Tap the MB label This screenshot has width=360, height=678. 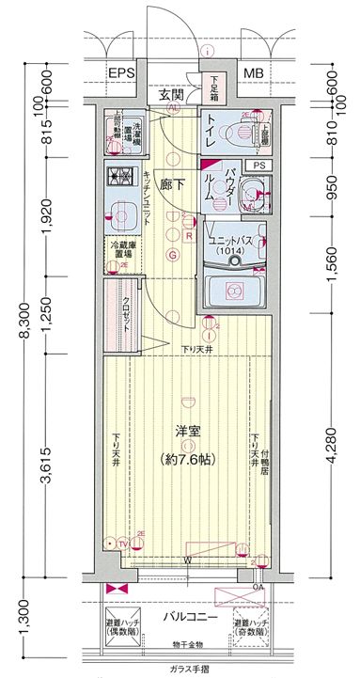(254, 73)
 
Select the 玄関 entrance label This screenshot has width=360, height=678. (171, 96)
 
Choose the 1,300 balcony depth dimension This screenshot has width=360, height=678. (25, 622)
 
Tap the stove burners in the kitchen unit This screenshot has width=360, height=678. (118, 176)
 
